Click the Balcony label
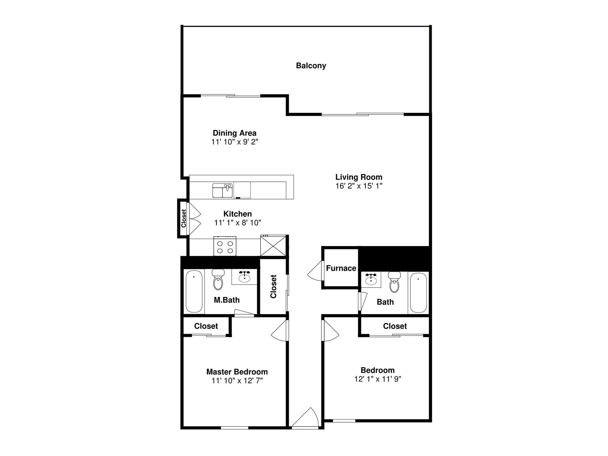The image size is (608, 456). [x=311, y=66]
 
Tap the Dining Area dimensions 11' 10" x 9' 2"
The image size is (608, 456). [x=235, y=142]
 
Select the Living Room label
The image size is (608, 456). [x=359, y=177]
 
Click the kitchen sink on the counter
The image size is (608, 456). [x=223, y=191]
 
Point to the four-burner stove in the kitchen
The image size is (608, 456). [x=225, y=246]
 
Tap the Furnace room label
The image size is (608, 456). [x=341, y=268]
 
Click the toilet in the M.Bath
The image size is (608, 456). [x=218, y=279]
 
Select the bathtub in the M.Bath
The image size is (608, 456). [x=194, y=292]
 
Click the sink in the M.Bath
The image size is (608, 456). [x=244, y=277]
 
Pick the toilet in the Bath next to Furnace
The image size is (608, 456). [x=394, y=282]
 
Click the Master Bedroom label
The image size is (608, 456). [x=237, y=372]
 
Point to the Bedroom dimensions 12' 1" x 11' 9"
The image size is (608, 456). [x=378, y=379]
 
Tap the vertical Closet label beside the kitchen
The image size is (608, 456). [x=184, y=218]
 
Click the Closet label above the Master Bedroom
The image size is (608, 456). [x=206, y=326]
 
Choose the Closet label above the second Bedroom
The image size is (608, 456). [x=395, y=326]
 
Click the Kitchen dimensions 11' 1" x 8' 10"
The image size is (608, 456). [x=238, y=223]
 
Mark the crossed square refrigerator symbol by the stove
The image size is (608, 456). [x=273, y=246]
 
